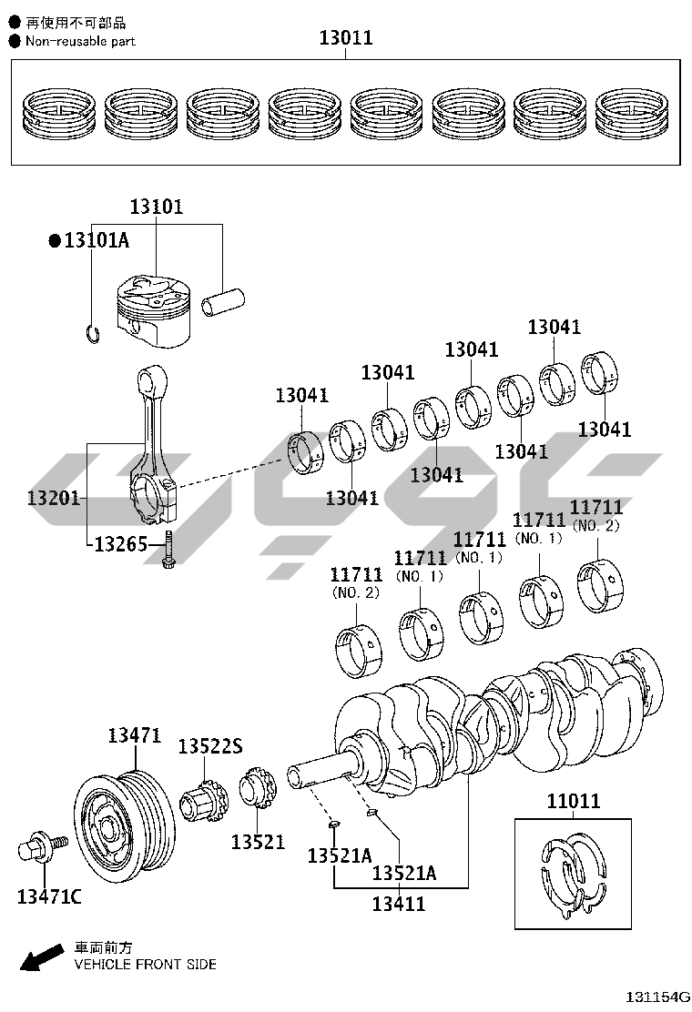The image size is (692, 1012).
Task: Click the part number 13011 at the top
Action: pos(345,38)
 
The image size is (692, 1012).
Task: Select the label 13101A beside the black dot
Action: pos(96,240)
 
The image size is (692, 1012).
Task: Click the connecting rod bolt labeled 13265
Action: pos(168,556)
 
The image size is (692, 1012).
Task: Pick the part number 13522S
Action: pos(209,746)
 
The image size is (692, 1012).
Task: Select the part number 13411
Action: pos(399,904)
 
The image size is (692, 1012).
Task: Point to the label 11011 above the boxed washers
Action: pos(574,802)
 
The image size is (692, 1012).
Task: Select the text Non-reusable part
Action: pos(80,41)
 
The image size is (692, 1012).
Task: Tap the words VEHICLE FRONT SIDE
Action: pos(145,964)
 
